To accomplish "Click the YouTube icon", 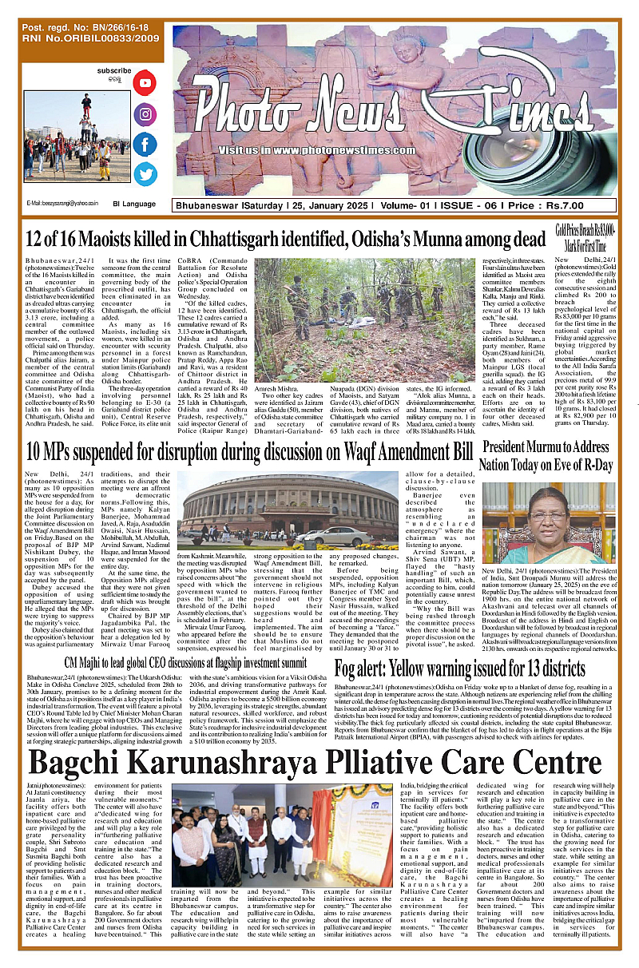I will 145,82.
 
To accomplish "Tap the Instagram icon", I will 145,114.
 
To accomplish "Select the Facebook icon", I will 145,145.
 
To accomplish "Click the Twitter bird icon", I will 145,174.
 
